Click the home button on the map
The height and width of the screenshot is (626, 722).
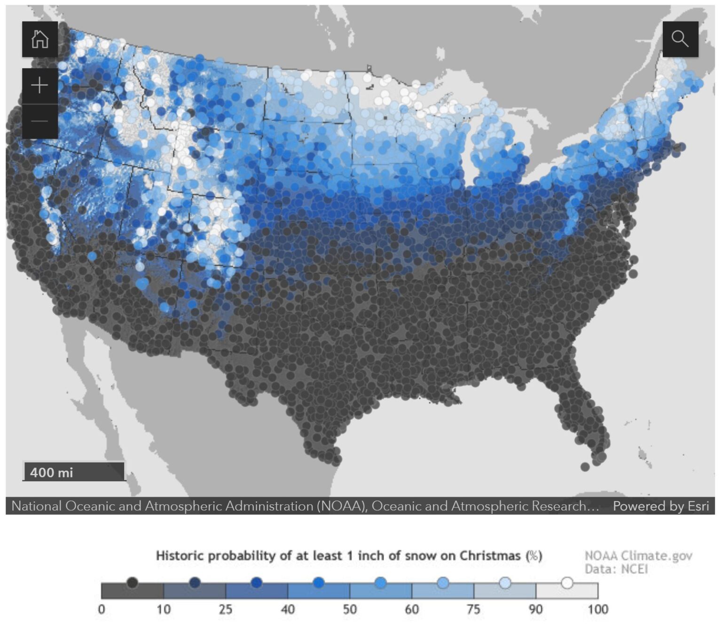coord(40,39)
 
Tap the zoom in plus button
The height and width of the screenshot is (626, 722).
coord(40,86)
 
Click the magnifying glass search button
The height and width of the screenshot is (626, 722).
coord(680,39)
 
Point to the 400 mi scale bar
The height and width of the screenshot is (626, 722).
coord(74,472)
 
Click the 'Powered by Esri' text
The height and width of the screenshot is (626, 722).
coord(660,506)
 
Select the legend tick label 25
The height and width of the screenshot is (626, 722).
coord(226,610)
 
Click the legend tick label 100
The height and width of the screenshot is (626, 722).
coord(597,610)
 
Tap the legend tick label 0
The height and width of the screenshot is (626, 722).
coord(102,610)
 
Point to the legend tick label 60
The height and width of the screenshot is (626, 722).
coord(412,610)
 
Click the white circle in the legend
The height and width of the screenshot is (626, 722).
coord(567,583)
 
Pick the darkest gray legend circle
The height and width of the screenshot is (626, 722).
coord(133,583)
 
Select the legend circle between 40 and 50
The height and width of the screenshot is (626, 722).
coord(319,583)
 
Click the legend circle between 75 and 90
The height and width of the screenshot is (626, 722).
coord(505,583)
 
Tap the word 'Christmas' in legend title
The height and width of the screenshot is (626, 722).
coord(490,556)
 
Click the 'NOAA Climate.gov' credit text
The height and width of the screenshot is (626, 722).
coord(638,556)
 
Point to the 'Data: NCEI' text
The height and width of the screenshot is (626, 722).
coord(616,569)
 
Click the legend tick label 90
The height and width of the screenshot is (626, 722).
coord(536,610)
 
